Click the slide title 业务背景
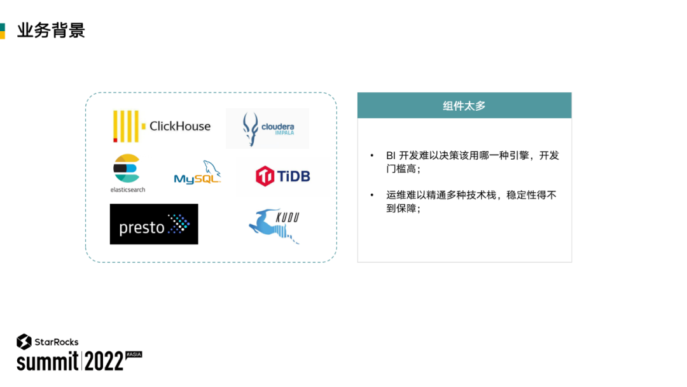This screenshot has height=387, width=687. click(51, 30)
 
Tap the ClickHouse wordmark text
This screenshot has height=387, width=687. click(180, 126)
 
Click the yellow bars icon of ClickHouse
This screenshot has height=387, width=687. click(125, 126)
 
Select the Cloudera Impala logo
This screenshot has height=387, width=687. click(267, 129)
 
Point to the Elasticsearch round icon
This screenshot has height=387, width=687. click(126, 168)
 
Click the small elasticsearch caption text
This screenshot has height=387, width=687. click(128, 190)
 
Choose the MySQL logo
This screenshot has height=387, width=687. click(198, 173)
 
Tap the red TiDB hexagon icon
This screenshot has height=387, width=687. click(265, 176)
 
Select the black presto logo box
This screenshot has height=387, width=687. click(154, 224)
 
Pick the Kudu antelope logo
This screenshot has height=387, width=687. click(274, 226)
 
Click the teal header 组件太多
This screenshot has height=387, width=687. click(464, 106)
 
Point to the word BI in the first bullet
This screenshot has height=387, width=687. click(391, 156)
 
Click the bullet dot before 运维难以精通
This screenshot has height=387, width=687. click(372, 195)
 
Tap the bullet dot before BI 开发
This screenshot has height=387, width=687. click(372, 156)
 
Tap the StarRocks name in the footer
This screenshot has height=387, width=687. click(57, 342)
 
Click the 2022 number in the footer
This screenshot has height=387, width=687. click(104, 362)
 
